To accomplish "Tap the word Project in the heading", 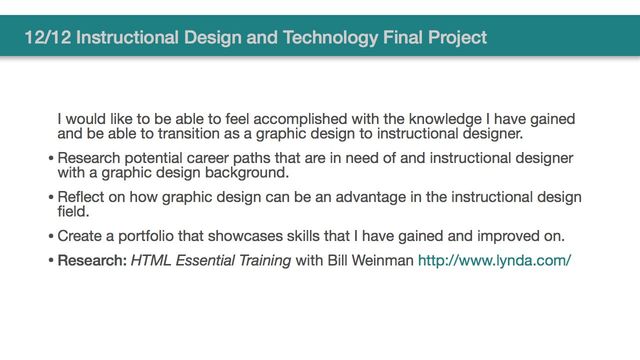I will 456,38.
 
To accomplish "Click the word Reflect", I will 83,197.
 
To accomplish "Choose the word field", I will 72,211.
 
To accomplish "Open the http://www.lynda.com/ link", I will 494,262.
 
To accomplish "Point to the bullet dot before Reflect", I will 51,198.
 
